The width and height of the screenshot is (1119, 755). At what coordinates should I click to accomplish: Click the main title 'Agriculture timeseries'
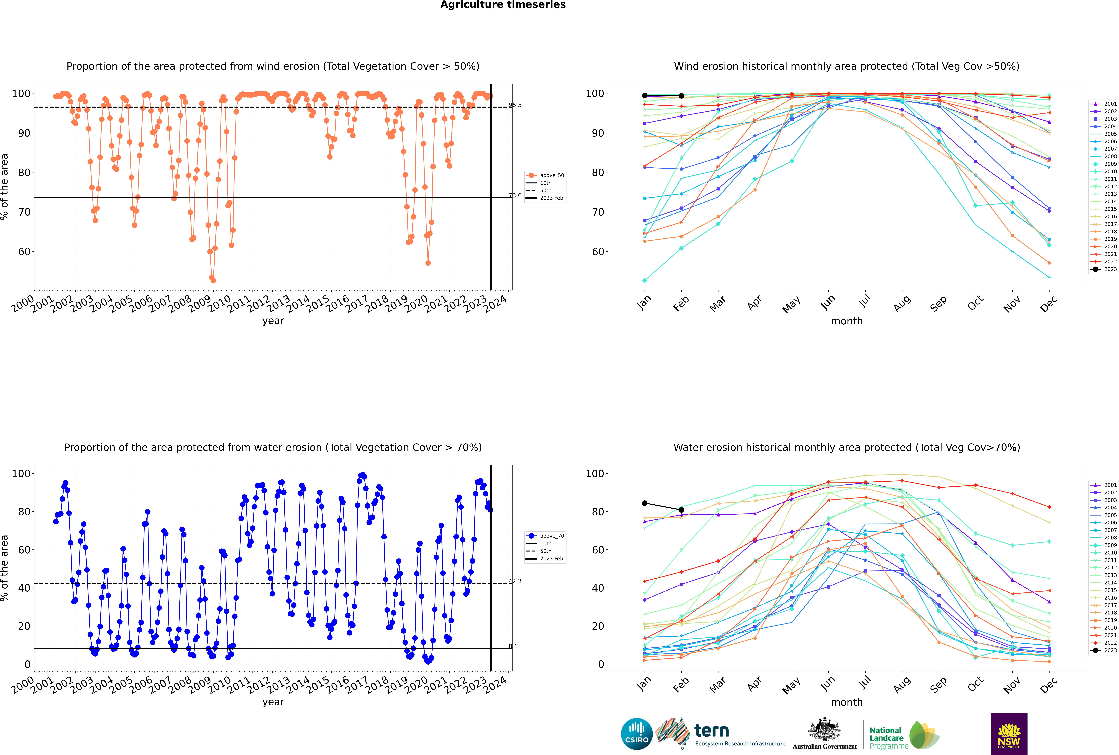pos(503,5)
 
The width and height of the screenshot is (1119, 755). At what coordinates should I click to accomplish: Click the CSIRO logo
pos(636,734)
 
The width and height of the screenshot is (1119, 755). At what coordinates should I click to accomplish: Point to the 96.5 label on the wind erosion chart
pos(515,105)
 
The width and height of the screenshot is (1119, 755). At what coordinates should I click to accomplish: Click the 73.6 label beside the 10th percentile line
pos(515,196)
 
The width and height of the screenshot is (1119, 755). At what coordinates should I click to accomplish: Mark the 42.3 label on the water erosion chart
pos(515,581)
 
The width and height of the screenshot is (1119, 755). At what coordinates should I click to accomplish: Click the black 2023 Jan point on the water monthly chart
pos(645,503)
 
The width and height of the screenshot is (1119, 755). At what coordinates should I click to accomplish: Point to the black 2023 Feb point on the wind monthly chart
pos(681,96)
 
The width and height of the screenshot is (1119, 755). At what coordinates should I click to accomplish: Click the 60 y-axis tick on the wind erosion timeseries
pos(24,251)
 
